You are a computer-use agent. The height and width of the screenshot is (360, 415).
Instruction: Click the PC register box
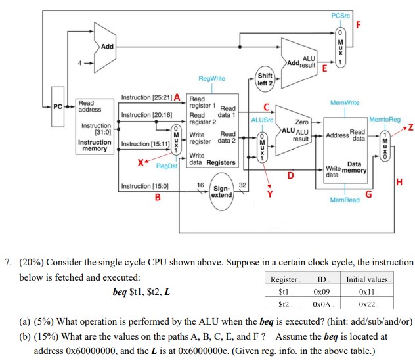(x=58, y=105)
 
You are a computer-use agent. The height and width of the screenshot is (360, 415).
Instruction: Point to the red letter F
(x=359, y=26)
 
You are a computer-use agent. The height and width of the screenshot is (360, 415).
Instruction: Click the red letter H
(x=399, y=181)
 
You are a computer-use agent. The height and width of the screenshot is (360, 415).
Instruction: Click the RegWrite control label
(x=211, y=78)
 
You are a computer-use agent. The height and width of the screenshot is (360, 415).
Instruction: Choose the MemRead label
(x=344, y=200)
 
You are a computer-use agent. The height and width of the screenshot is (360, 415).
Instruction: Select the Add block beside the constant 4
(x=105, y=46)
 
